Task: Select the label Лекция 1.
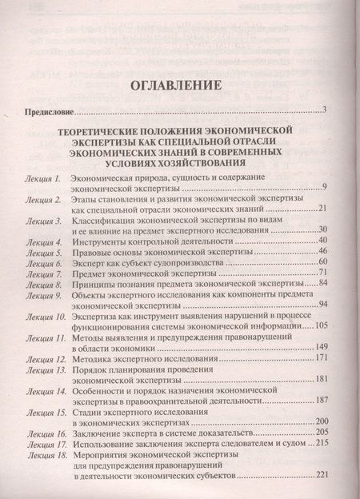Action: click(x=43, y=177)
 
